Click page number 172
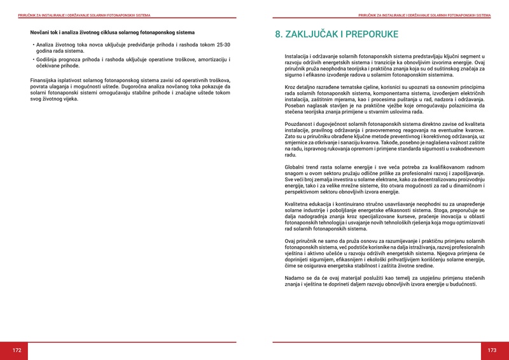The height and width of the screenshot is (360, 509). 17,350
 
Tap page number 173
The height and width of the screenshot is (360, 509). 492,350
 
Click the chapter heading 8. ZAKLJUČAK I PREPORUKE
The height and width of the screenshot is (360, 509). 337,34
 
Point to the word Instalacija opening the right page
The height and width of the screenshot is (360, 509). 298,57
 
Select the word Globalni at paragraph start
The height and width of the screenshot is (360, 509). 295,165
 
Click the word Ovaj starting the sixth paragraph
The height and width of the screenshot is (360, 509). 291,242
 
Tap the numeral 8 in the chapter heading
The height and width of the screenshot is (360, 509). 279,34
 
